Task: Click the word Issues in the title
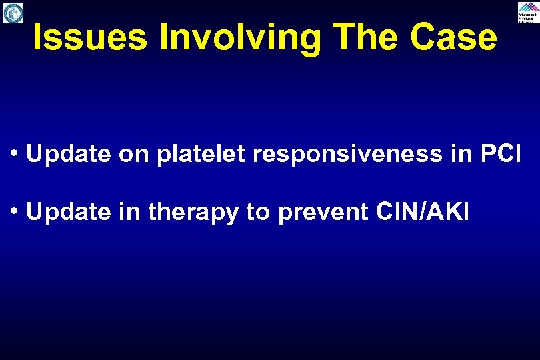89,38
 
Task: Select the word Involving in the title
239,38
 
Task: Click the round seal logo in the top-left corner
13,13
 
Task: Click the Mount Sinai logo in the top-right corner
527,13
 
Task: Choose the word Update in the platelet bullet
69,154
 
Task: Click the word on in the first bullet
132,154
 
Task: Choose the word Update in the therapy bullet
69,212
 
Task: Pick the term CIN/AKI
422,212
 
